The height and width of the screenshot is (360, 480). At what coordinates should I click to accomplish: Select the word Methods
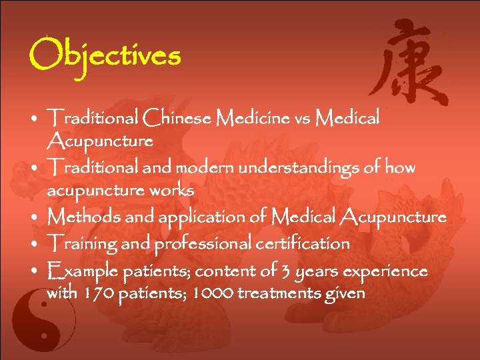82,217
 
